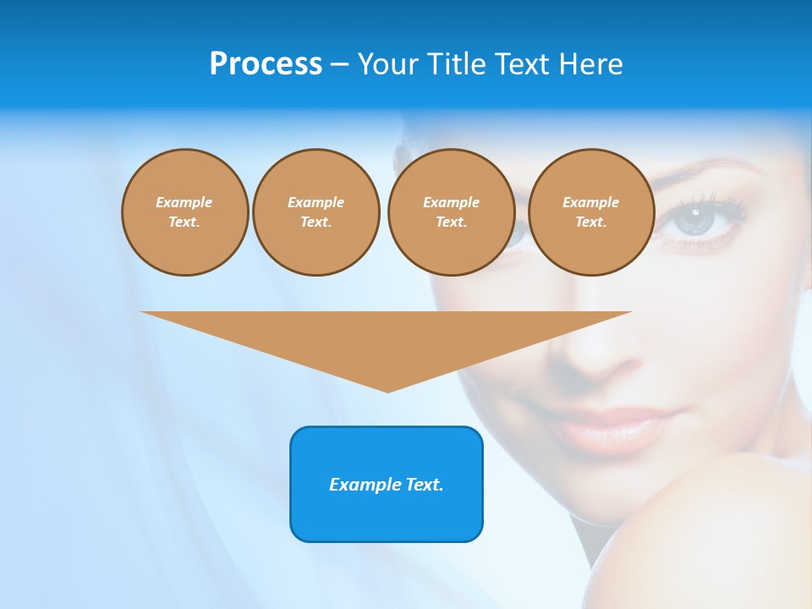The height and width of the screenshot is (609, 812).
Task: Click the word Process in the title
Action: (266, 64)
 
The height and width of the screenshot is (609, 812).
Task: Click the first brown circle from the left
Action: (184, 212)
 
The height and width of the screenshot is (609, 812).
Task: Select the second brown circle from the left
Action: (315, 212)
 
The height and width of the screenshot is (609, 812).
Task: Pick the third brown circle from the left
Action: (451, 212)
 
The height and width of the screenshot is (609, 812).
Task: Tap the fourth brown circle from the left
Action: (590, 212)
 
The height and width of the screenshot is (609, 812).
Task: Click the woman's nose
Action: (584, 355)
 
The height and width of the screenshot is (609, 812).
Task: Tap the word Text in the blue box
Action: (424, 485)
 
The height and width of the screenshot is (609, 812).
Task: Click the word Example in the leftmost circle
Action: (184, 202)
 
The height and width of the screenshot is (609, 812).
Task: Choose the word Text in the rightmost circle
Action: (590, 222)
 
